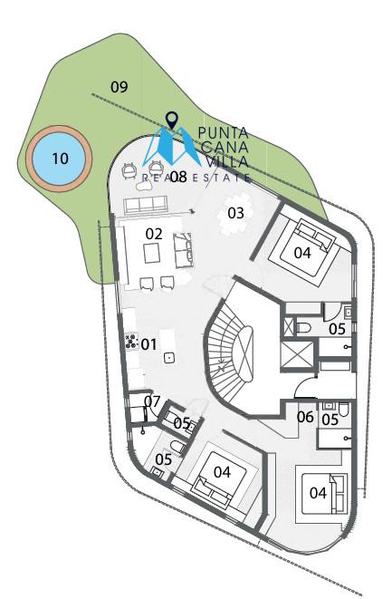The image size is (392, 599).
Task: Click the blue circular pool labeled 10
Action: [x=59, y=159]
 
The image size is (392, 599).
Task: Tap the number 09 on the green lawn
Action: [x=120, y=87]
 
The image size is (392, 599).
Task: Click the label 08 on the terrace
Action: [x=178, y=177]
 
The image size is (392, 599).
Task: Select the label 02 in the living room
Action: [x=154, y=234]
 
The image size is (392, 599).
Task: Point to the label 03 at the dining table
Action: [x=235, y=213]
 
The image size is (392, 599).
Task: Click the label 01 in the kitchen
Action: [x=148, y=344]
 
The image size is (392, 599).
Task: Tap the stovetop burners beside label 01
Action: [x=131, y=341]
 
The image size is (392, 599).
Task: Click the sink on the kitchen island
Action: [x=168, y=358]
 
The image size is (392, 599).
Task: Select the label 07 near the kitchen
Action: [x=152, y=401]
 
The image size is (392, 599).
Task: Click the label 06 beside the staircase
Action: [x=305, y=417]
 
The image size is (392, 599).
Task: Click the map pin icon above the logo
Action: [x=173, y=121]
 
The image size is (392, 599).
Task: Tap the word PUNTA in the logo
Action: [x=224, y=133]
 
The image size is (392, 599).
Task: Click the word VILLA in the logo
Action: [x=227, y=161]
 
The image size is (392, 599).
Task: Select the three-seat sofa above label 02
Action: [x=145, y=205]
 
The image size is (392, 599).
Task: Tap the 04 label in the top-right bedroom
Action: [x=302, y=253]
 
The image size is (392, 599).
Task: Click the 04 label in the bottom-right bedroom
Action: [x=318, y=493]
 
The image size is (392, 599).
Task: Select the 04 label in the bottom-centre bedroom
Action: [x=222, y=472]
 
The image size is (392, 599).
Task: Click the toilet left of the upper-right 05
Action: [x=303, y=328]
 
